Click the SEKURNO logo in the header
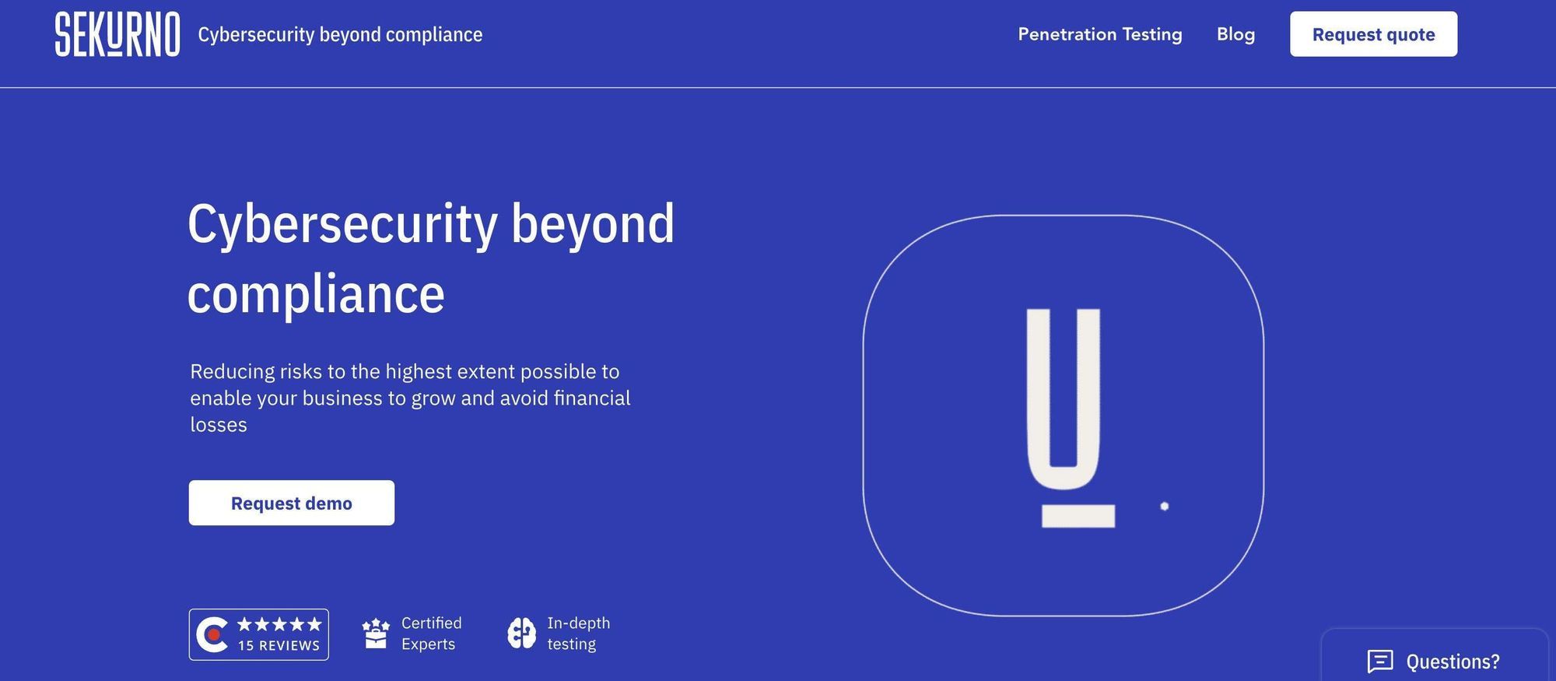(x=117, y=34)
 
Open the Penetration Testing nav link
(x=1100, y=34)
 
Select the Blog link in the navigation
(x=1235, y=34)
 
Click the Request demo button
(x=292, y=503)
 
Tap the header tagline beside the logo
(x=340, y=35)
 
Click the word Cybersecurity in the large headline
(x=342, y=225)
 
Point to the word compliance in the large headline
(x=316, y=295)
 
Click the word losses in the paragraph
(x=219, y=424)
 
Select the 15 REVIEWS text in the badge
(x=279, y=645)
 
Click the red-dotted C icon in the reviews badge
(x=212, y=634)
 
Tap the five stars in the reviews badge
(x=279, y=624)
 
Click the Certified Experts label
(x=432, y=634)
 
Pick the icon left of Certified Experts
(x=376, y=634)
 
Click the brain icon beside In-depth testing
(x=522, y=634)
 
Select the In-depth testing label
(x=579, y=634)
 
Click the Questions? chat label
(x=1453, y=662)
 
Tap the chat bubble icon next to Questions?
(x=1380, y=661)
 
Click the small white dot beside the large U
(x=1165, y=506)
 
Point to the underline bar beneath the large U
(x=1078, y=515)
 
